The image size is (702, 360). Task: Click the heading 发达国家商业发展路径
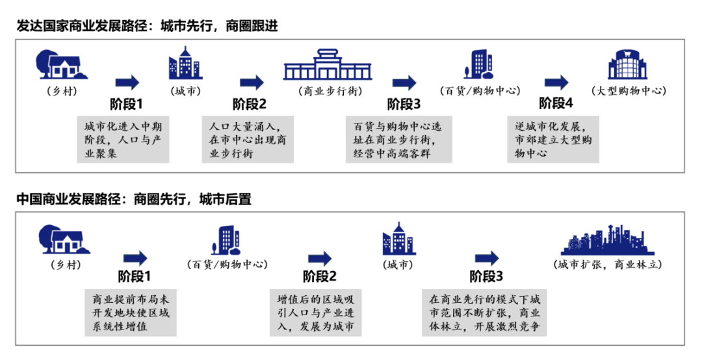pyautogui.click(x=148, y=27)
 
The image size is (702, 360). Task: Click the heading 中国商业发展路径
pyautogui.click(x=134, y=199)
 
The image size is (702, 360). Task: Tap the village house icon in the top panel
pyautogui.click(x=62, y=64)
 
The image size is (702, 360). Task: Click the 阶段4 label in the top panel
pyautogui.click(x=556, y=103)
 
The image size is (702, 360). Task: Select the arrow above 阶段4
pyautogui.click(x=556, y=83)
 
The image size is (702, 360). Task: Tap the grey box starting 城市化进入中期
pyautogui.click(x=123, y=140)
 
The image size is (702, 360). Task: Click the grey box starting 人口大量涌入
pyautogui.click(x=247, y=140)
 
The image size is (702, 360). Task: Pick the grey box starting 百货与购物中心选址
pyautogui.click(x=398, y=140)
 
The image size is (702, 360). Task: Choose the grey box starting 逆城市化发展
pyautogui.click(x=552, y=140)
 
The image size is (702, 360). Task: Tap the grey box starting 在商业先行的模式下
pyautogui.click(x=484, y=313)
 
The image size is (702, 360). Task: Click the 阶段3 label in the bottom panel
pyautogui.click(x=486, y=276)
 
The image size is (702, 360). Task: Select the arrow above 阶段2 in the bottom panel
pyautogui.click(x=320, y=258)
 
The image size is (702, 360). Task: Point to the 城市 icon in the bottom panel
pyautogui.click(x=398, y=238)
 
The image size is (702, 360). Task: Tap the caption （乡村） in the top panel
pyautogui.click(x=62, y=91)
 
